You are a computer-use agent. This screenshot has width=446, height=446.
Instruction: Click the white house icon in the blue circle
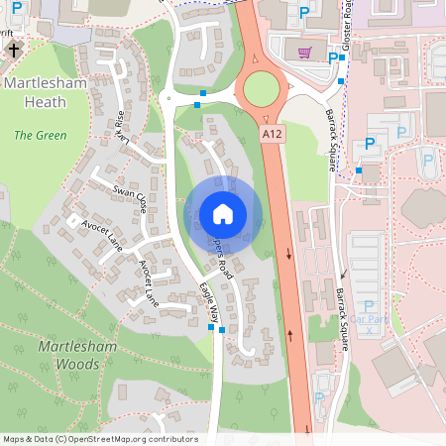(223, 213)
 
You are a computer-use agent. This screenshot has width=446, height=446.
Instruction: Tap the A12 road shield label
(273, 132)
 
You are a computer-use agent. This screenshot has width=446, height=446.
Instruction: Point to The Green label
(36, 134)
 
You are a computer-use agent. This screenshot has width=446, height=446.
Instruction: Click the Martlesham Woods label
(69, 356)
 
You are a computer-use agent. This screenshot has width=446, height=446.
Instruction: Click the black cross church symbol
(14, 47)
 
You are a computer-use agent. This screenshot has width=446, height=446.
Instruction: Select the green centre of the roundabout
(263, 89)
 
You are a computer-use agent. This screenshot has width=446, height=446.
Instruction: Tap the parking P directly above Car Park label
(369, 306)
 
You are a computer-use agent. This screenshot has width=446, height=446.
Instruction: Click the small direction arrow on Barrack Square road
(373, 274)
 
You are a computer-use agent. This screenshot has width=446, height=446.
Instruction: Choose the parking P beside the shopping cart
(332, 58)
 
